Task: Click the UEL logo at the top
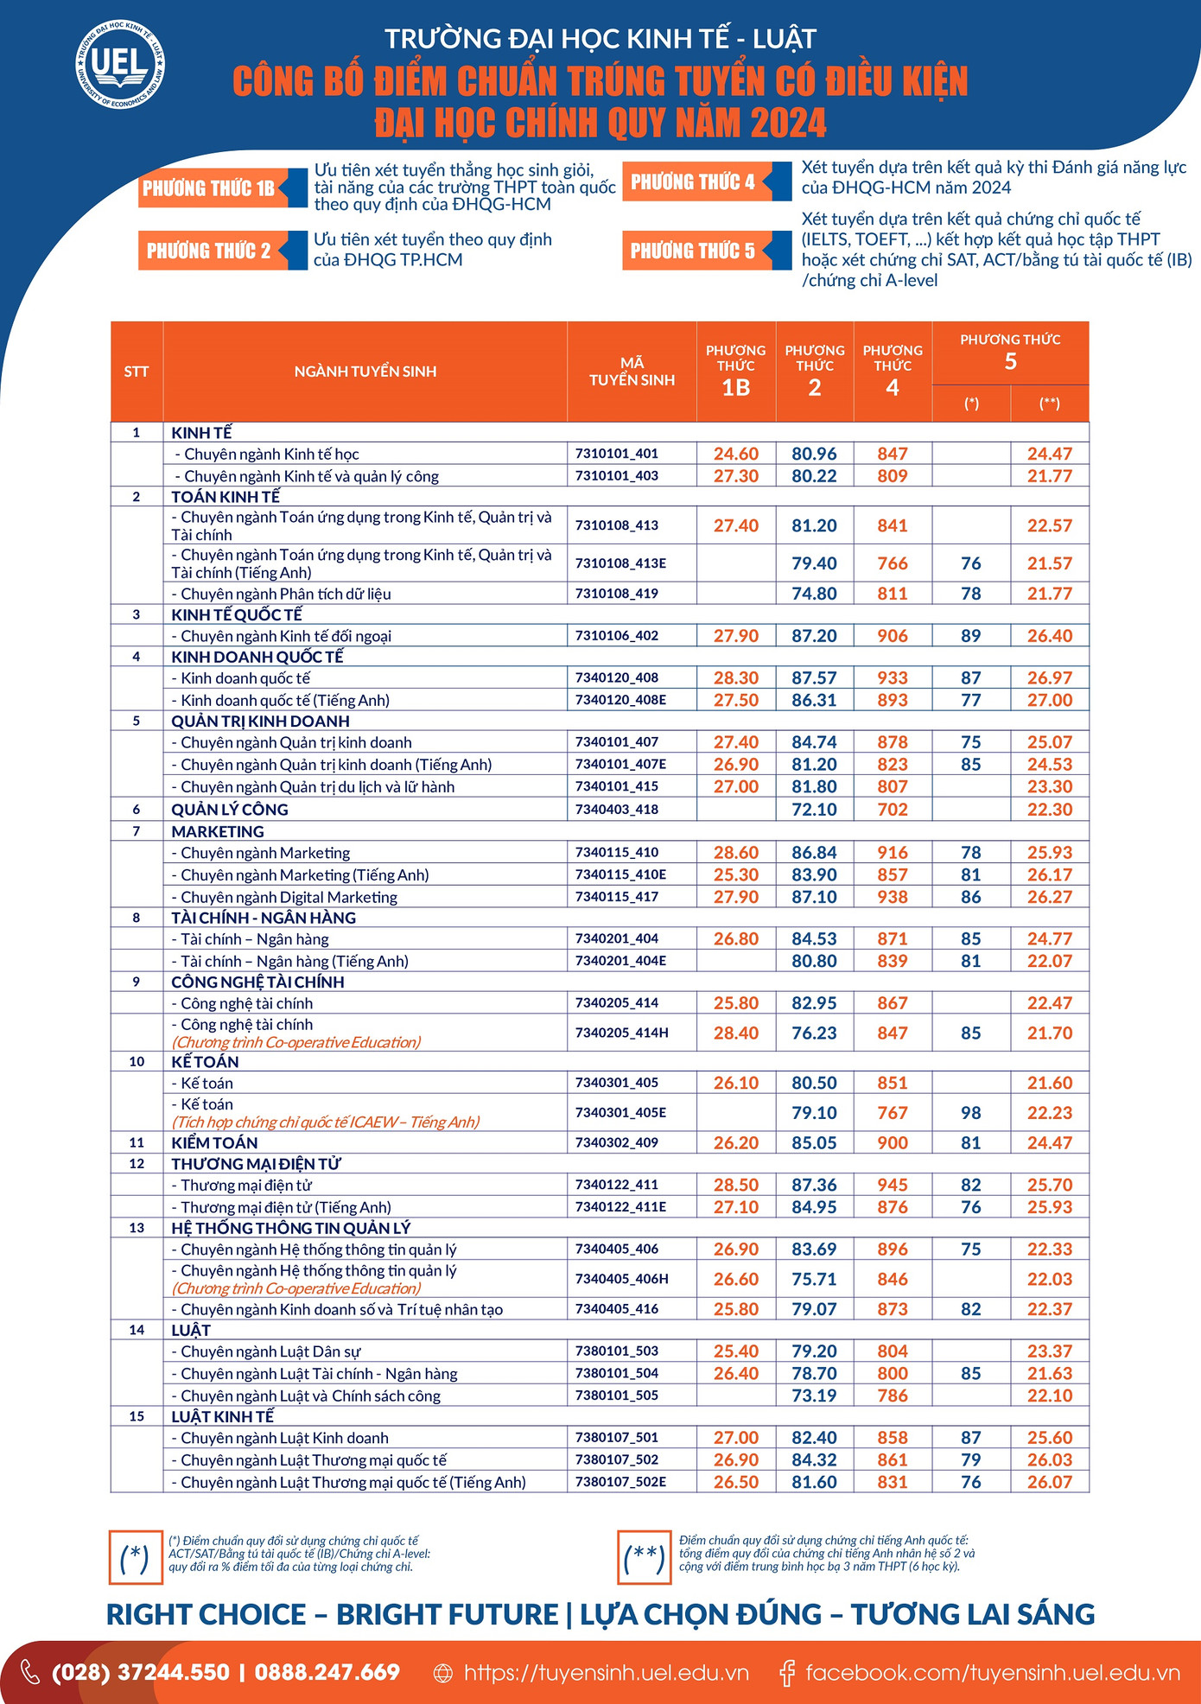coord(119,65)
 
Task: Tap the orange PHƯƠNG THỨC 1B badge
coord(208,188)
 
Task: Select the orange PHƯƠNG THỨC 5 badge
coord(693,251)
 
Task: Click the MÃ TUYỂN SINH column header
coord(632,372)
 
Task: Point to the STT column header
coord(137,372)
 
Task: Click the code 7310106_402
coord(617,635)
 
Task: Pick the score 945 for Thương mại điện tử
coord(893,1185)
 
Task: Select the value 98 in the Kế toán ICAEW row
coord(971,1113)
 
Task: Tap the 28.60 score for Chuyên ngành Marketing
coord(736,852)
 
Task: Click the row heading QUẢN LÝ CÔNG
coord(230,810)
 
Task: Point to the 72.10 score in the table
coord(814,810)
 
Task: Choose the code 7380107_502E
coord(620,1482)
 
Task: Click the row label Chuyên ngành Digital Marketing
coord(289,897)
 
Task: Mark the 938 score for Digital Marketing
coord(893,897)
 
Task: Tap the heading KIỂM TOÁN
coord(214,1142)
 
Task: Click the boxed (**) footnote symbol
coord(645,1557)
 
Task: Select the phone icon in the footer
coord(30,1672)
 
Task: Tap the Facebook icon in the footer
coord(787,1673)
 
